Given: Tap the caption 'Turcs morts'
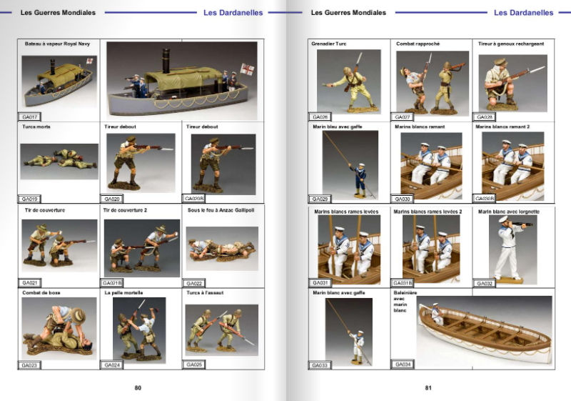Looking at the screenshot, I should (36, 127).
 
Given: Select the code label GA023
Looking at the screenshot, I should (30, 365).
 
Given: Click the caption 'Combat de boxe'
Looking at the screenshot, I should (41, 292).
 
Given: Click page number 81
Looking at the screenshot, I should (428, 388).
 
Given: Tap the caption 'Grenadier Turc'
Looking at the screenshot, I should (329, 44).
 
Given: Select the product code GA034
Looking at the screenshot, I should (403, 365).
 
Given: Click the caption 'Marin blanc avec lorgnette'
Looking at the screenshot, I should (508, 212).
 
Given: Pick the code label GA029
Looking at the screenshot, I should (319, 199).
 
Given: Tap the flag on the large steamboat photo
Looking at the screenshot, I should (248, 70).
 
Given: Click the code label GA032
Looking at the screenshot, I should (485, 282).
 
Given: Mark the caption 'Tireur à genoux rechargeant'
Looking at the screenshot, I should (510, 44).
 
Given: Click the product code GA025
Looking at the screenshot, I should (195, 365).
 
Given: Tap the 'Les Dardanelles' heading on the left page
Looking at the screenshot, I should (233, 13).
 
